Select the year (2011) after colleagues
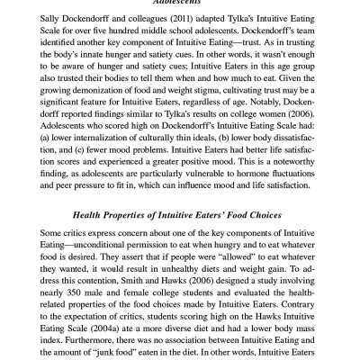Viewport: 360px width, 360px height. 184,18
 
